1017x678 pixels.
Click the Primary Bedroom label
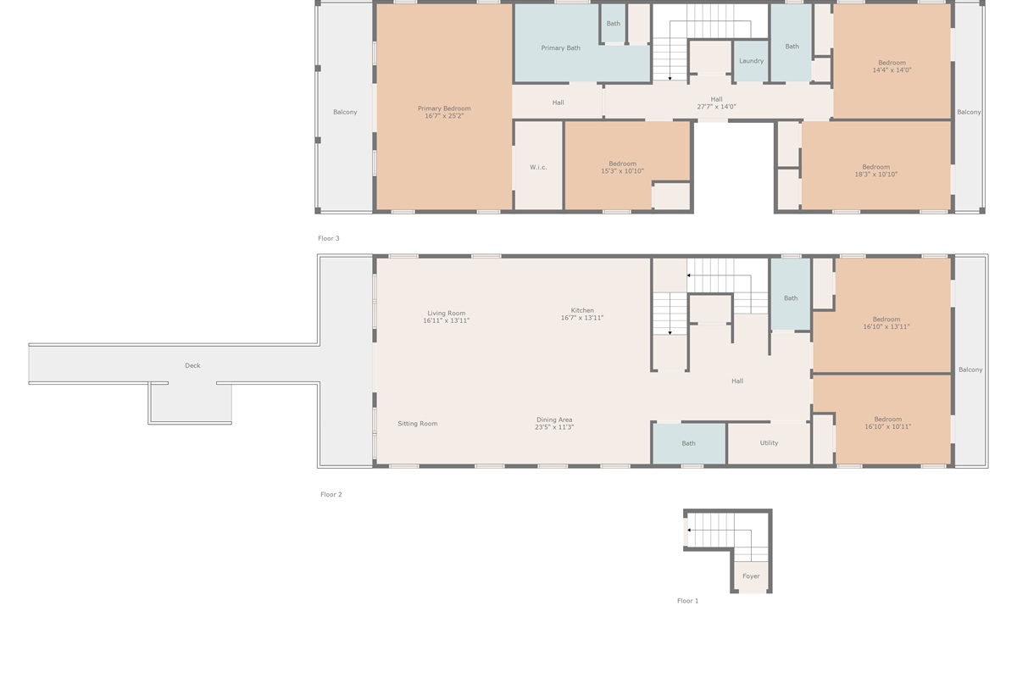(x=444, y=108)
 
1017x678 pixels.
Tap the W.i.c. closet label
(x=538, y=167)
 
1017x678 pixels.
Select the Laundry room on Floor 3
(x=751, y=61)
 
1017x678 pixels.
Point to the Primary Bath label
(x=560, y=47)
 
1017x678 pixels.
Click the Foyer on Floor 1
(x=751, y=575)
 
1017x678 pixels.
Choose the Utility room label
(x=769, y=442)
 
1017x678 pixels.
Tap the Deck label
(x=192, y=365)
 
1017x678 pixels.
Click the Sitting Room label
(x=417, y=423)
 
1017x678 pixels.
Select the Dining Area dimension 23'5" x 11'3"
(x=554, y=427)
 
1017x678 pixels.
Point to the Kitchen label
(x=582, y=310)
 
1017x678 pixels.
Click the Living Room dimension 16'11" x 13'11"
(x=446, y=320)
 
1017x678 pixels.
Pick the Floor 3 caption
(x=328, y=238)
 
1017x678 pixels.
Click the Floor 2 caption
(x=331, y=494)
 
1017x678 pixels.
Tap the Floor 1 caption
(x=687, y=600)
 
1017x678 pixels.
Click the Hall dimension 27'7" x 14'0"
(x=716, y=107)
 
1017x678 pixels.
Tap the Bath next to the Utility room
(x=688, y=443)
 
